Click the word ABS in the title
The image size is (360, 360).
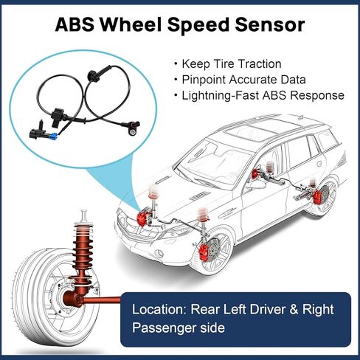[75, 24]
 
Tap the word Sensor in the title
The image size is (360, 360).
[269, 24]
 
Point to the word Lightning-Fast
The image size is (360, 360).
[220, 95]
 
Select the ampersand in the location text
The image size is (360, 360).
[294, 309]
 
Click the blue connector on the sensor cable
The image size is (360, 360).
[53, 136]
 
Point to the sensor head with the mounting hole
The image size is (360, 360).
[134, 128]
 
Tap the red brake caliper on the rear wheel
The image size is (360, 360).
[317, 198]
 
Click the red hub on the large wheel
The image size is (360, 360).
[72, 298]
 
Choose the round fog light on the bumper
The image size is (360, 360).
[159, 252]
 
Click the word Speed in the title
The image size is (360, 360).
[201, 24]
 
